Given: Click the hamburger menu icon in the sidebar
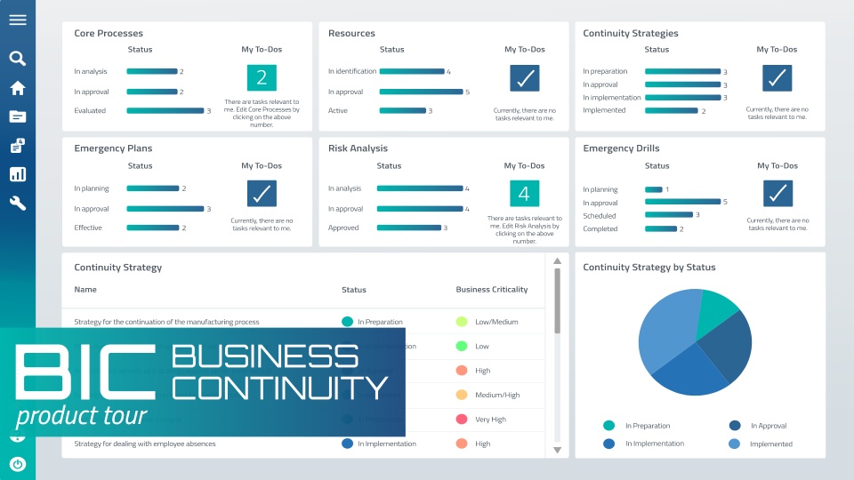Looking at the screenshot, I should tap(18, 20).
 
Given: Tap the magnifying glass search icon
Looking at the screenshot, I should tap(18, 59).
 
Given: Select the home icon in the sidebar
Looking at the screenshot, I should tap(18, 88).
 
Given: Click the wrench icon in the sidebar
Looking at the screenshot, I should tap(18, 204).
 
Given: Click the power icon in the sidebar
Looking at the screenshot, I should tap(18, 464).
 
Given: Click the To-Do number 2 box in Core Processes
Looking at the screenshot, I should tap(262, 78).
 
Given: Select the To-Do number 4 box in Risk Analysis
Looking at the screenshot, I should tap(525, 194).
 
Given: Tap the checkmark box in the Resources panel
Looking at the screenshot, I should tap(525, 78).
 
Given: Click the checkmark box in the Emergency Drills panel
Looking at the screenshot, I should tap(777, 194).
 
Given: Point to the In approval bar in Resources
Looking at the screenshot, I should tap(422, 92).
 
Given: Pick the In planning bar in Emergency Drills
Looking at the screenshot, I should tap(654, 189).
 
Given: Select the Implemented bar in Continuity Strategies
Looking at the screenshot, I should tap(672, 111).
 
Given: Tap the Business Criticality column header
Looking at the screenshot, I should tap(492, 290).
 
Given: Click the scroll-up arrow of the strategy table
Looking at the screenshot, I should tap(558, 261).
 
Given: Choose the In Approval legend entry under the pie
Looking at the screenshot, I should tap(769, 426).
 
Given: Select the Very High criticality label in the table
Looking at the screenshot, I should tap(491, 420).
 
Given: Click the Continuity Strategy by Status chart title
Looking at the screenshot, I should tap(649, 267).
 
